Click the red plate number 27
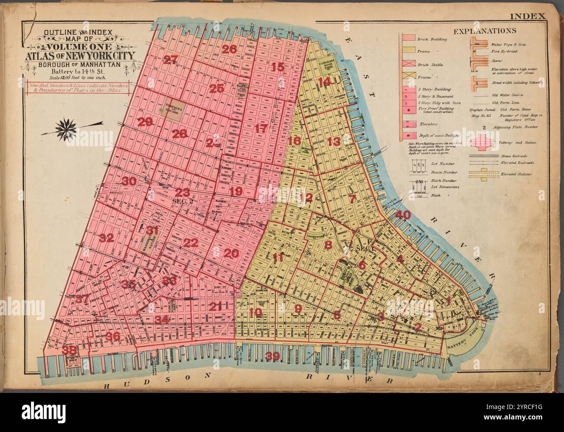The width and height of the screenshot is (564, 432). coord(171,60)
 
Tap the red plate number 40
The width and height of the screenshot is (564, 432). coord(402,214)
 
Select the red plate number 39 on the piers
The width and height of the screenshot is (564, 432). coord(272,356)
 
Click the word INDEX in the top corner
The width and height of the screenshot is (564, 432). coord(527,16)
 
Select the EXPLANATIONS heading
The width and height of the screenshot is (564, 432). coord(485,31)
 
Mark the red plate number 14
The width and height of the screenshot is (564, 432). coord(325,82)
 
